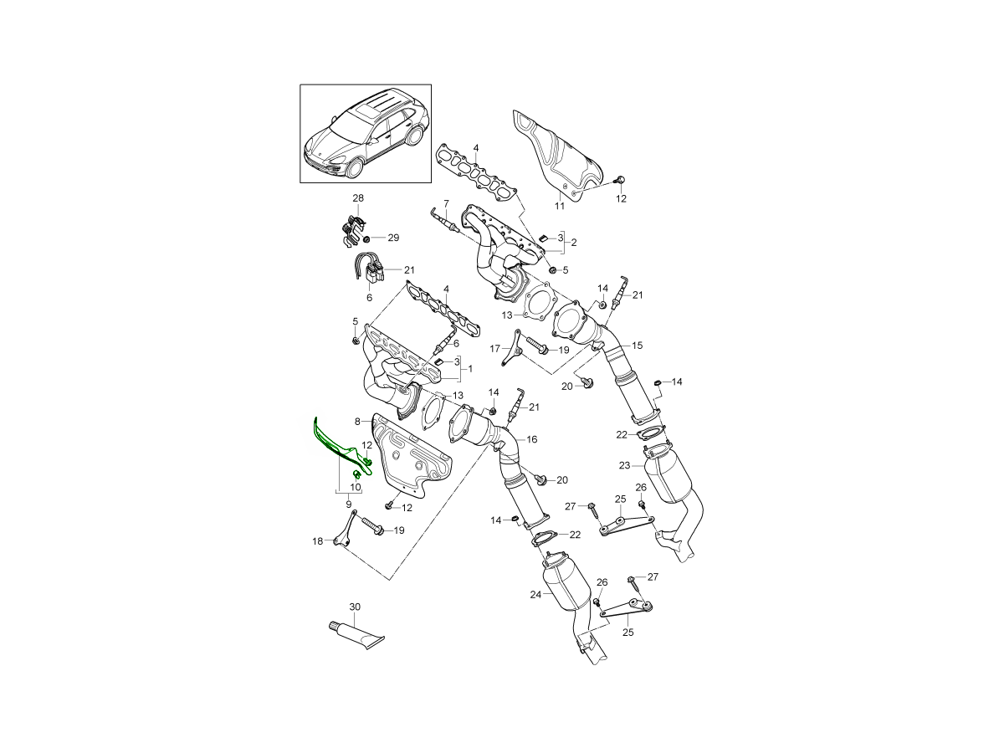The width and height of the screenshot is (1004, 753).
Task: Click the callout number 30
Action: point(355,607)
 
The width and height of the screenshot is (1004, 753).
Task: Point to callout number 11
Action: point(560,206)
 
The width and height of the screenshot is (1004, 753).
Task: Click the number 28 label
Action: point(358,198)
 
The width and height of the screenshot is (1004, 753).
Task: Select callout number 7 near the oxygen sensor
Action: point(446,203)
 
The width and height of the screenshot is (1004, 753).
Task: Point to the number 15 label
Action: point(637,345)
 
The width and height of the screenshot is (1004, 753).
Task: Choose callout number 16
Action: point(532,439)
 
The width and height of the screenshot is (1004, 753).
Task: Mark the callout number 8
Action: point(357,422)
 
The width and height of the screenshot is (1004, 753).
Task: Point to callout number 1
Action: point(470,368)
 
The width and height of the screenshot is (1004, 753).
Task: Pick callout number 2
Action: point(574,243)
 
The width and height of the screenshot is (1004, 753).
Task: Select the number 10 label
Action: point(355,487)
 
